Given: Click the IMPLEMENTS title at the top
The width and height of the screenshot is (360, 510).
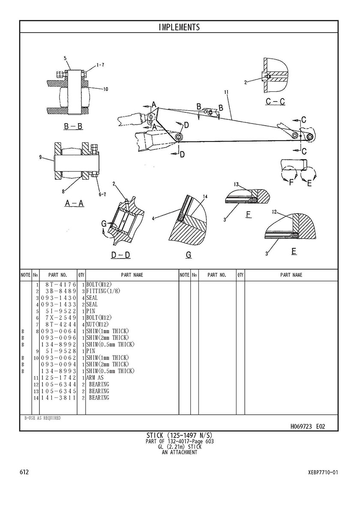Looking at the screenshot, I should pyautogui.click(x=179, y=27).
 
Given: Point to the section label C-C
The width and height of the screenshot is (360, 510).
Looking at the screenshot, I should pyautogui.click(x=276, y=102).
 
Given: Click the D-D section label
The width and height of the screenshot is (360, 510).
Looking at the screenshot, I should pyautogui.click(x=120, y=255).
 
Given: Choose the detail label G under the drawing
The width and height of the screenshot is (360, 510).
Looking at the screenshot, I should pyautogui.click(x=188, y=255).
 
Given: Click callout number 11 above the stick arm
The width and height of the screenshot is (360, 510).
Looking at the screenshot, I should pyautogui.click(x=226, y=92).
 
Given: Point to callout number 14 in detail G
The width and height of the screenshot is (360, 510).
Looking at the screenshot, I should pyautogui.click(x=205, y=196).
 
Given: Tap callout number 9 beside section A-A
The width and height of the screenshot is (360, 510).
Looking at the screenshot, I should pyautogui.click(x=40, y=157).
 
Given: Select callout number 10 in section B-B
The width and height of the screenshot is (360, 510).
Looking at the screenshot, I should pyautogui.click(x=105, y=89).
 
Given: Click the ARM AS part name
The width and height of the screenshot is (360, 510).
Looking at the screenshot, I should pyautogui.click(x=95, y=378).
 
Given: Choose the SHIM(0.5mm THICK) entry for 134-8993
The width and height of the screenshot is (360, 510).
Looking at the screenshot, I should pyautogui.click(x=111, y=371).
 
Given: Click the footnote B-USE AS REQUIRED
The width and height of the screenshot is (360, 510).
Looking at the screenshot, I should pyautogui.click(x=42, y=418).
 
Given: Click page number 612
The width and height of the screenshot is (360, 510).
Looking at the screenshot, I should pyautogui.click(x=24, y=472).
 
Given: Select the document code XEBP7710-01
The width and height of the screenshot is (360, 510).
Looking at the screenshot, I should pyautogui.click(x=323, y=472).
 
